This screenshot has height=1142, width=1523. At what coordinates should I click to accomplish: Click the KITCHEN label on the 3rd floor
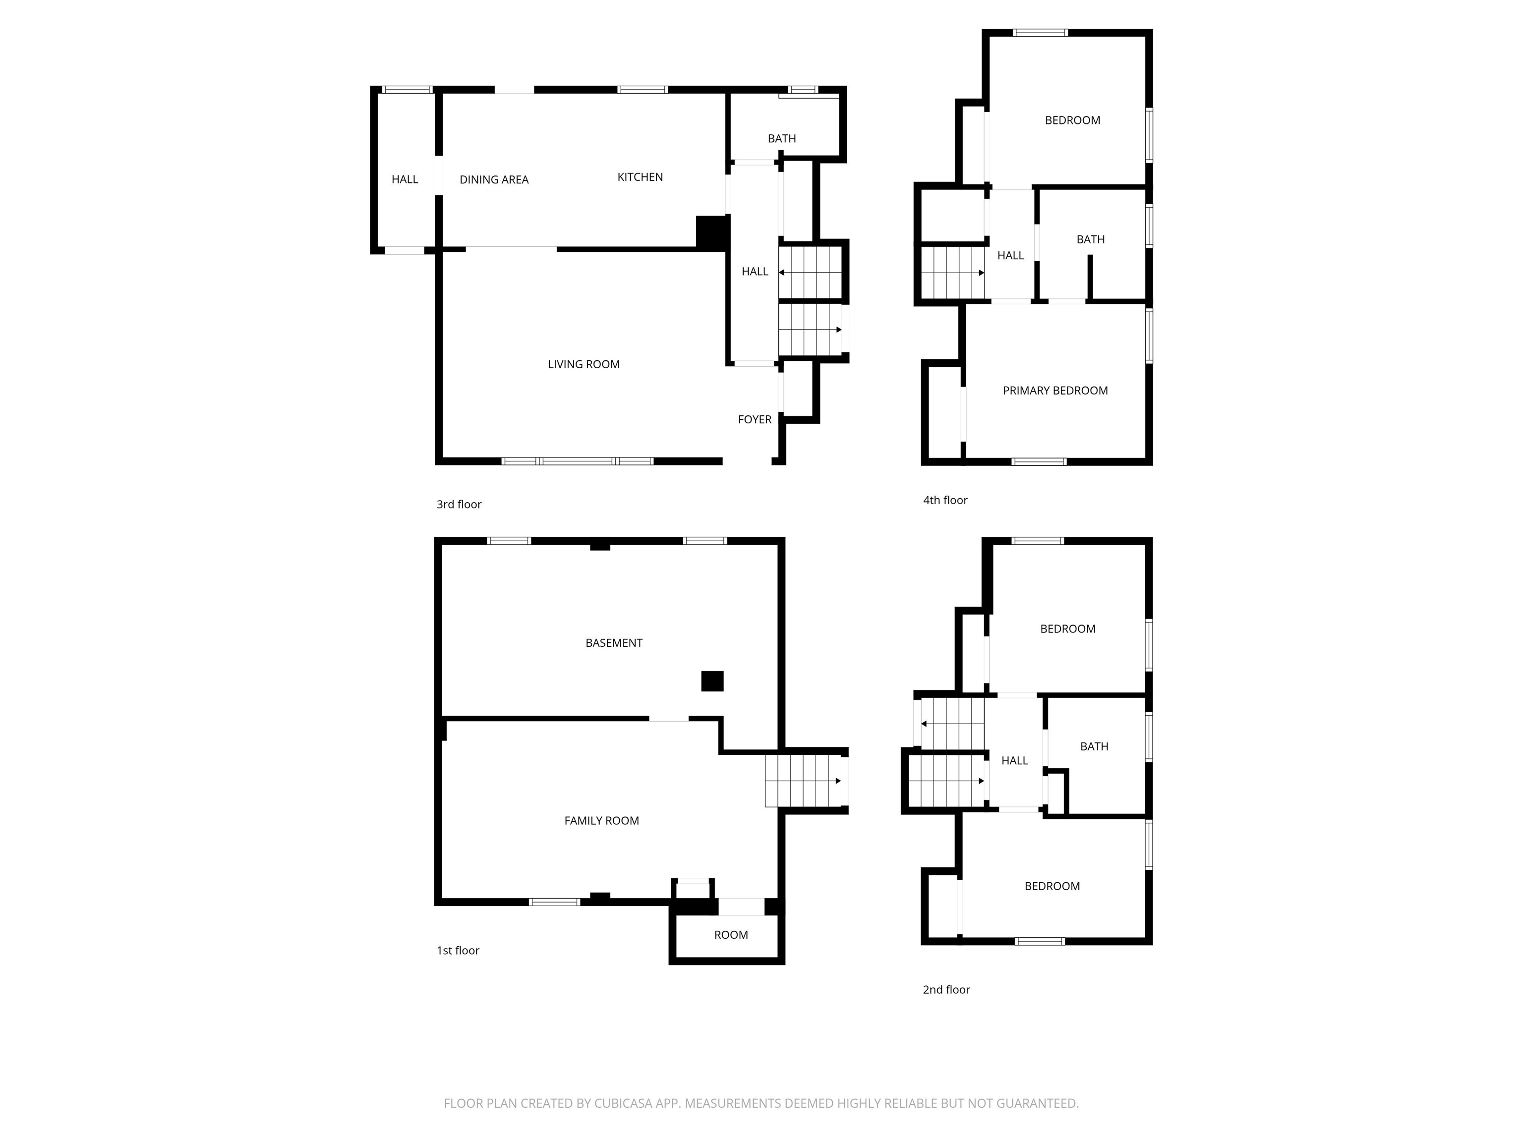[640, 177]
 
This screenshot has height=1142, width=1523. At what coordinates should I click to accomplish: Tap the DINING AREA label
[494, 179]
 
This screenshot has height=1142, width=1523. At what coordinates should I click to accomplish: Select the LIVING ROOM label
[583, 364]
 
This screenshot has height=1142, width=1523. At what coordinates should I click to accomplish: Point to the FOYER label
[754, 419]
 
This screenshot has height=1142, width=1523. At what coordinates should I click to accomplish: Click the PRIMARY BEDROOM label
[1055, 390]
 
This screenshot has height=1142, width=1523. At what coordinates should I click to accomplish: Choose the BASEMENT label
[613, 643]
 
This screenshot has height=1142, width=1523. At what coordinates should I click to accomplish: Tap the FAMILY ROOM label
[601, 820]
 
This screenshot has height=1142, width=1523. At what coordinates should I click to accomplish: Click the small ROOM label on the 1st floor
[731, 935]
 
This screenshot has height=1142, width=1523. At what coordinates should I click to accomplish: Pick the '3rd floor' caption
[459, 505]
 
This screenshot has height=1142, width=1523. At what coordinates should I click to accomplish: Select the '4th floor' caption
[944, 501]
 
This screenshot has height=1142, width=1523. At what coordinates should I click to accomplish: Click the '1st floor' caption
[458, 951]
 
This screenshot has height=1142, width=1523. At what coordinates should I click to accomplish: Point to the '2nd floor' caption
[946, 990]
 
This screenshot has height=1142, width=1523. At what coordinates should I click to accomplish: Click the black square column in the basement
[712, 681]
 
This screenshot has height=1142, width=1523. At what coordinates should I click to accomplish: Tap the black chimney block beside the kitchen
[711, 232]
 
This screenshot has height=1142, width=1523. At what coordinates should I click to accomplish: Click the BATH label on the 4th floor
[1090, 239]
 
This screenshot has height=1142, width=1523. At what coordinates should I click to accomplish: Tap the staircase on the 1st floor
[804, 781]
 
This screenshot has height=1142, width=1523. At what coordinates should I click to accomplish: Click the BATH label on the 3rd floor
[781, 138]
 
